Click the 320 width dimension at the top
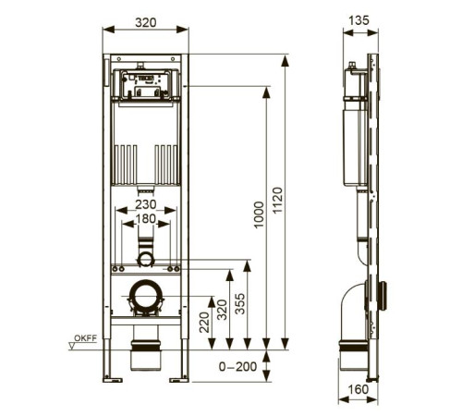click(x=146, y=22)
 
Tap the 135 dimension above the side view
click(x=359, y=20)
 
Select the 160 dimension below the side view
click(x=358, y=389)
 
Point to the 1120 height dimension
click(x=277, y=201)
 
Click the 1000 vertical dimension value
click(x=260, y=214)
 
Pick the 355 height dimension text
click(x=240, y=304)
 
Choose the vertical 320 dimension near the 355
click(x=222, y=310)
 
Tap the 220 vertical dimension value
click(x=204, y=323)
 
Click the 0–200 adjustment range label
click(x=237, y=366)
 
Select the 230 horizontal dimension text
click(x=146, y=204)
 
